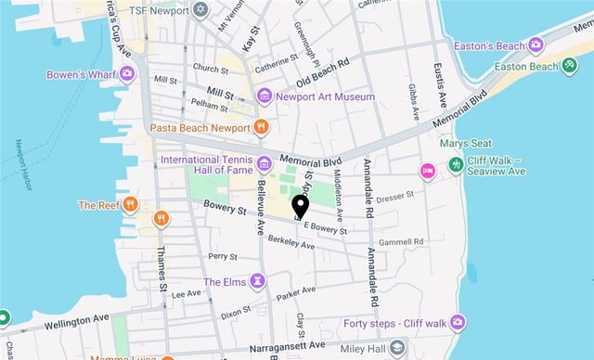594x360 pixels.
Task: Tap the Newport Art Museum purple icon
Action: point(265,96)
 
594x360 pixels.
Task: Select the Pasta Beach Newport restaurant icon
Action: point(263,126)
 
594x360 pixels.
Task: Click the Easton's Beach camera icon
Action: point(536,45)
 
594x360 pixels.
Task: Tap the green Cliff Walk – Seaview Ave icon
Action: point(456,164)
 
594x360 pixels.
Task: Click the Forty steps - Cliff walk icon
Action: point(458,322)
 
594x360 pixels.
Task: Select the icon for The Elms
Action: point(260,281)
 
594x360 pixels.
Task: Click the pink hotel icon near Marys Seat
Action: point(428,170)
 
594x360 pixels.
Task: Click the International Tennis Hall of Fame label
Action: point(205,165)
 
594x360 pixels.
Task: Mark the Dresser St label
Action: point(394,196)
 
